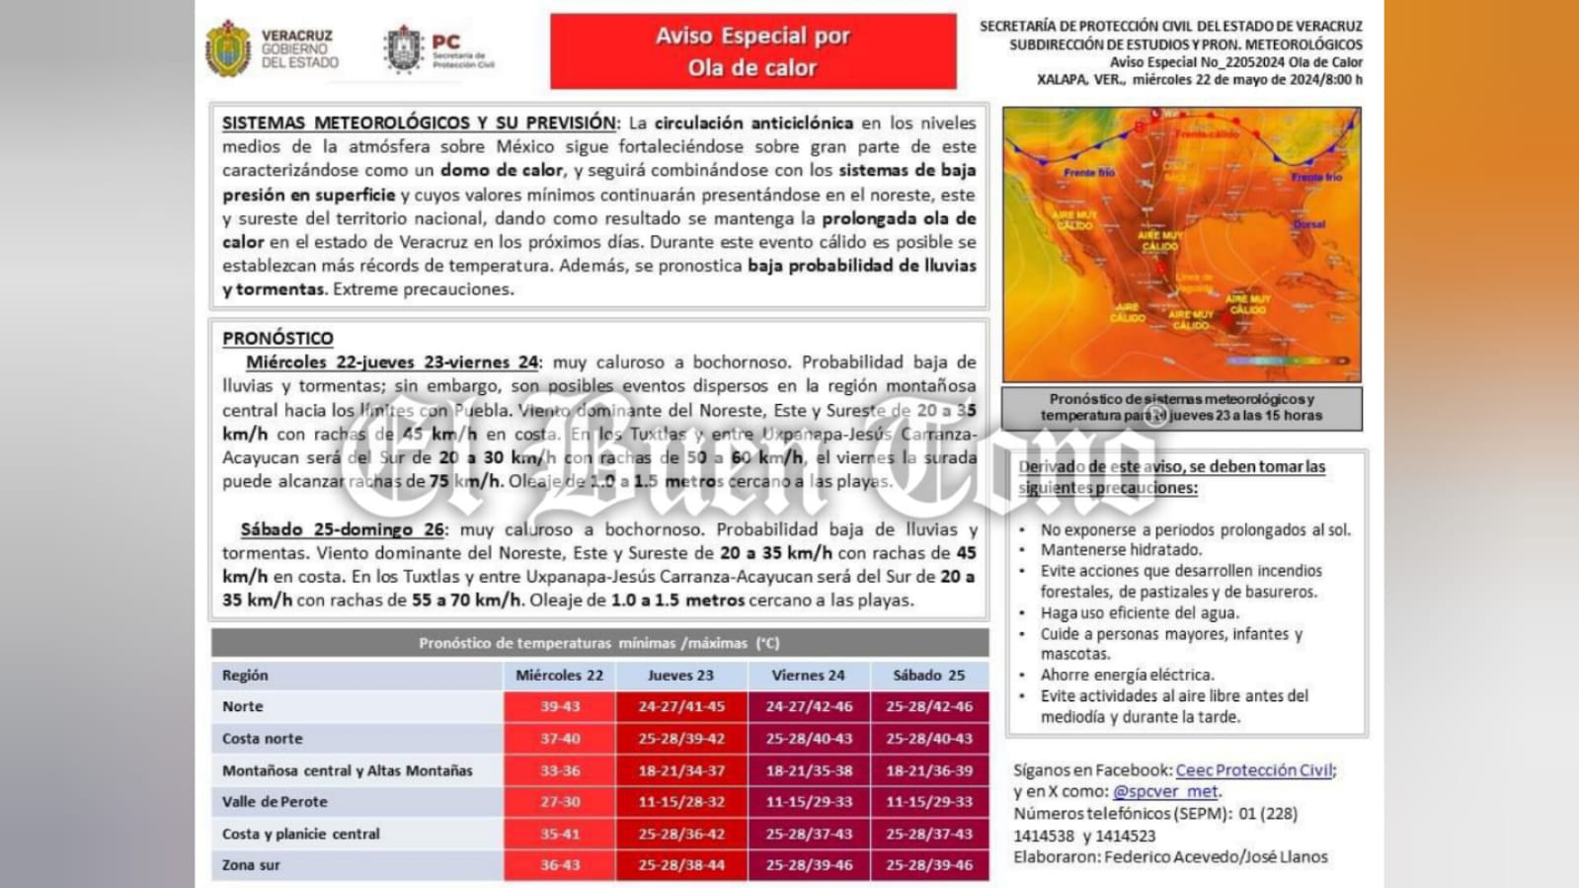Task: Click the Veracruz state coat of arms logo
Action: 228,48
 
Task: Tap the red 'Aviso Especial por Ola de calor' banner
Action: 752,51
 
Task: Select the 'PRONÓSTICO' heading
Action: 277,338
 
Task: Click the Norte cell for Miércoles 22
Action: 559,706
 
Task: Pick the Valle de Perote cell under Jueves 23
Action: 680,802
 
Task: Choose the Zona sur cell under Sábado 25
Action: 928,865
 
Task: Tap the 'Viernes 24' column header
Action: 808,676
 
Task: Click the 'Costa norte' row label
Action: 262,739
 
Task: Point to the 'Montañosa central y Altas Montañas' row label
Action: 347,770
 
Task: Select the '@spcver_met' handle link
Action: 1165,791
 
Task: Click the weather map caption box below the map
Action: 1181,407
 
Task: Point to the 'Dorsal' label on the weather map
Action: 1309,224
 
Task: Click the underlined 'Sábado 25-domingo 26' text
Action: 343,529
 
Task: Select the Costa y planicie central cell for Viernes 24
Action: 808,834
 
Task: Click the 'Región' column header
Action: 245,676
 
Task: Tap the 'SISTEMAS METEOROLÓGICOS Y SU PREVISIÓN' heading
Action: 419,123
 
